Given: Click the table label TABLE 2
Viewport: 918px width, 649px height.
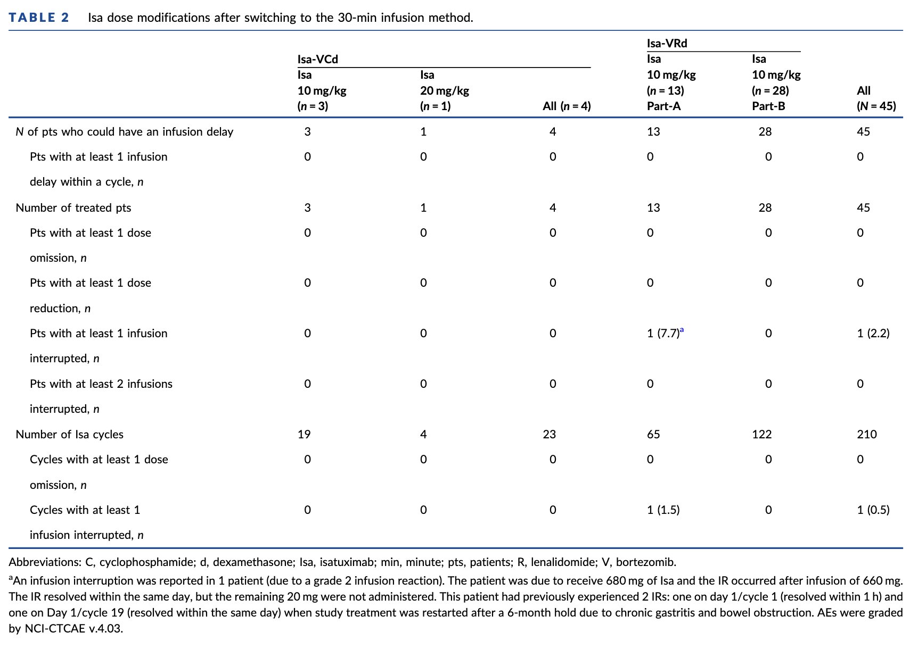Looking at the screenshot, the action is [x=39, y=18].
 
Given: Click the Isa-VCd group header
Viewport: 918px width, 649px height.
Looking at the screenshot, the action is [x=318, y=59].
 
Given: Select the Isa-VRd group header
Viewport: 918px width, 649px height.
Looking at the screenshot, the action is [x=667, y=44].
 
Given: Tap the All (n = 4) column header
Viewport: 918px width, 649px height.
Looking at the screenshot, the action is [x=567, y=106].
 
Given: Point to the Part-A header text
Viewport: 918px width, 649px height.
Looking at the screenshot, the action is [x=663, y=106].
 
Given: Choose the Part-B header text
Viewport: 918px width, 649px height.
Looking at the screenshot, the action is [x=768, y=106].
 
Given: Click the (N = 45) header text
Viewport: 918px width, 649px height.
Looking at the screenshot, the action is [x=876, y=106].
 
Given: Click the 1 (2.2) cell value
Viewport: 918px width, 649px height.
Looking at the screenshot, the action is [x=873, y=334].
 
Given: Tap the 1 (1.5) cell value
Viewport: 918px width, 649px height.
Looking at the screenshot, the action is [x=663, y=510].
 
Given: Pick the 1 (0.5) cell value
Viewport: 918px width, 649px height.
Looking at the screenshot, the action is [x=873, y=510].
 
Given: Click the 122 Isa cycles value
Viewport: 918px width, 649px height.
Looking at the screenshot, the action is [x=761, y=435].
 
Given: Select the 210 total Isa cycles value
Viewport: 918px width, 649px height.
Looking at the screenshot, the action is [x=867, y=435].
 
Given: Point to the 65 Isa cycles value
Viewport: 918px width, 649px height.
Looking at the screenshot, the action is [x=653, y=435].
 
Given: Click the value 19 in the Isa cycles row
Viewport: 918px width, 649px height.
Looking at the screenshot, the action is [x=304, y=435].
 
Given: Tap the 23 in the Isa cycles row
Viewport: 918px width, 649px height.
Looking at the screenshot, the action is [x=550, y=435].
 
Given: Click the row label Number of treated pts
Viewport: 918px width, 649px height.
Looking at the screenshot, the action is [x=73, y=208].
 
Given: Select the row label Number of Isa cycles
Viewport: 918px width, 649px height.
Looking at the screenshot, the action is [x=70, y=435].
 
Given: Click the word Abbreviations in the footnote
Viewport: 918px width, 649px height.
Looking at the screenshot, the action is [x=45, y=562].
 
